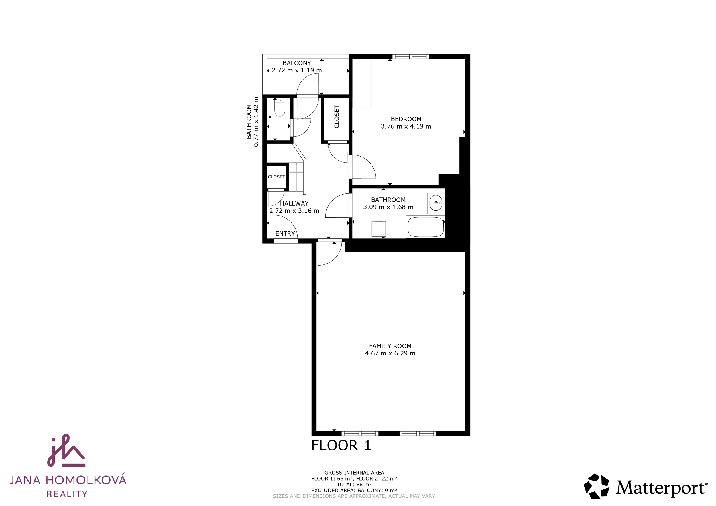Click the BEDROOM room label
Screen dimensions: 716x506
click(406, 119)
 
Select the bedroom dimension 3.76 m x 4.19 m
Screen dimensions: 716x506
click(406, 126)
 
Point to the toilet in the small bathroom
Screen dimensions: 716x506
click(280, 108)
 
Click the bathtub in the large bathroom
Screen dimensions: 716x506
click(426, 227)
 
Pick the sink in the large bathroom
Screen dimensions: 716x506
click(436, 203)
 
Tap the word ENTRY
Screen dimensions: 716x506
click(285, 233)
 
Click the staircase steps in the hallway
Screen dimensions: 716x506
click(296, 177)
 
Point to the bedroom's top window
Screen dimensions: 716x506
click(410, 57)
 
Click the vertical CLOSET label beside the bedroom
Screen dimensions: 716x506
click(337, 116)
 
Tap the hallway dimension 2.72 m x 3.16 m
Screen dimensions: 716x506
click(294, 211)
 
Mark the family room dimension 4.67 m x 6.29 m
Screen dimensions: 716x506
click(390, 353)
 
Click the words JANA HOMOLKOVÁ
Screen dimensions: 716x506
click(68, 480)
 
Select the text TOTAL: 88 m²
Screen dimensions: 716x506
click(354, 485)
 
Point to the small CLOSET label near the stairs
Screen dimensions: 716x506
click(276, 177)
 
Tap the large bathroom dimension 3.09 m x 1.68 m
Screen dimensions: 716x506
click(388, 207)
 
